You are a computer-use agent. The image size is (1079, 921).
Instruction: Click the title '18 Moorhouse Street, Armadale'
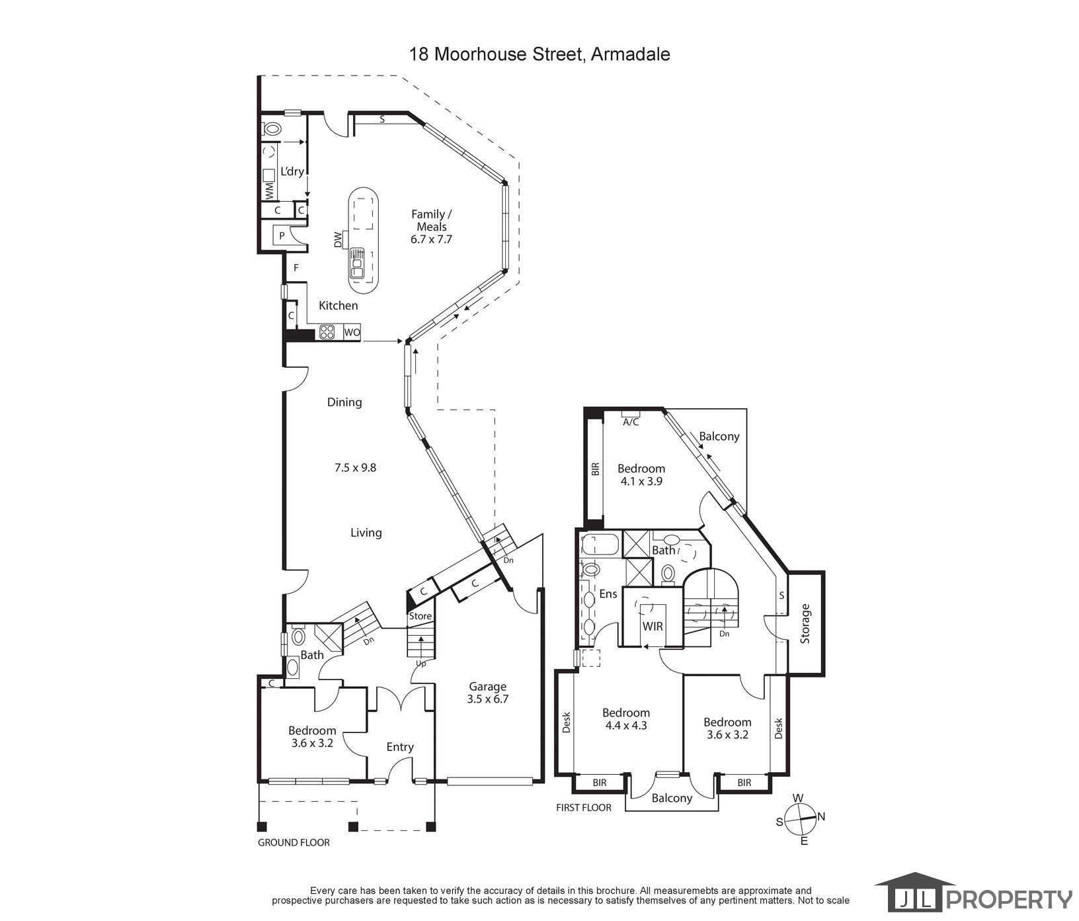pyautogui.click(x=539, y=54)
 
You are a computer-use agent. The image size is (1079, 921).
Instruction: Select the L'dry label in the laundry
pyautogui.click(x=292, y=171)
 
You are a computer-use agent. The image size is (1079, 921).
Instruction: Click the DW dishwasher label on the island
pyautogui.click(x=339, y=239)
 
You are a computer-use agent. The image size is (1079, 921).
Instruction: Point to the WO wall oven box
pyautogui.click(x=352, y=332)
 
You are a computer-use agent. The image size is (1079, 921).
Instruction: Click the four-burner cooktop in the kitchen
pyautogui.click(x=327, y=332)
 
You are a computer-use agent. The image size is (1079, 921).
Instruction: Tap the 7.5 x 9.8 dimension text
pyautogui.click(x=355, y=467)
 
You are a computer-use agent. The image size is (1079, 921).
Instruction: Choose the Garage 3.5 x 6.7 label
pyautogui.click(x=488, y=692)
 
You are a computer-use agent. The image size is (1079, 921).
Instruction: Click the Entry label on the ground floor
pyautogui.click(x=400, y=747)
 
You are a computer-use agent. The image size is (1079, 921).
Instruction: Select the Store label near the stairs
pyautogui.click(x=420, y=616)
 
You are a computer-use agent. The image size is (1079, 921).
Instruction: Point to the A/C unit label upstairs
pyautogui.click(x=631, y=422)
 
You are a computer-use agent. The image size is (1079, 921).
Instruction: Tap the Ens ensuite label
pyautogui.click(x=608, y=594)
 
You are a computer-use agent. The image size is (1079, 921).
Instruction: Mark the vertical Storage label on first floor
pyautogui.click(x=805, y=624)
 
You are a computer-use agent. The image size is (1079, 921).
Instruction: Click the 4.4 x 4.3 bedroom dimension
pyautogui.click(x=626, y=724)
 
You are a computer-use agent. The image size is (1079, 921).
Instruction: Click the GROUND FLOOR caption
pyautogui.click(x=294, y=842)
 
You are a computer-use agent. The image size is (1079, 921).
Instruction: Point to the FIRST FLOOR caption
pyautogui.click(x=584, y=807)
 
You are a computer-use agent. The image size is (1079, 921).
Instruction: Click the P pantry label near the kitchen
pyautogui.click(x=282, y=236)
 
